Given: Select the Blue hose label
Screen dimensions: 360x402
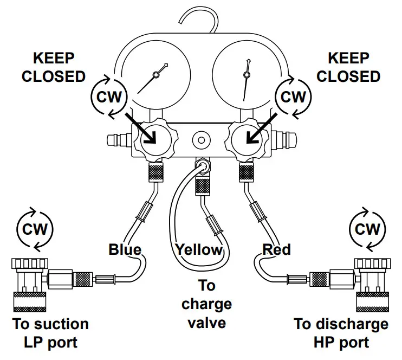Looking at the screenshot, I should (125, 249).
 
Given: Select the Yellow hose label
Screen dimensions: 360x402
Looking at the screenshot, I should (199, 249).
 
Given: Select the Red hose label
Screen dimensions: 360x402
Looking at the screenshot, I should (276, 249).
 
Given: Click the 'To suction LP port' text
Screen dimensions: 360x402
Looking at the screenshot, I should (50, 333).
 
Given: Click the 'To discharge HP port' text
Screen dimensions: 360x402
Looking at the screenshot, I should (341, 333).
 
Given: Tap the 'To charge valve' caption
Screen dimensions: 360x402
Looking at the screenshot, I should (206, 304).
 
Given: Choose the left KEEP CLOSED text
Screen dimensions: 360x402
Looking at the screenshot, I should (54, 67).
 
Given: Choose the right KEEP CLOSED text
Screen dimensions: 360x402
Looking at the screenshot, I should (348, 67).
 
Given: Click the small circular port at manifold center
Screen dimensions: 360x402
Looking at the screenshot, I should (201, 140).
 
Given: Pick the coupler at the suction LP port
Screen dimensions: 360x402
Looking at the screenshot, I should (34, 282).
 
